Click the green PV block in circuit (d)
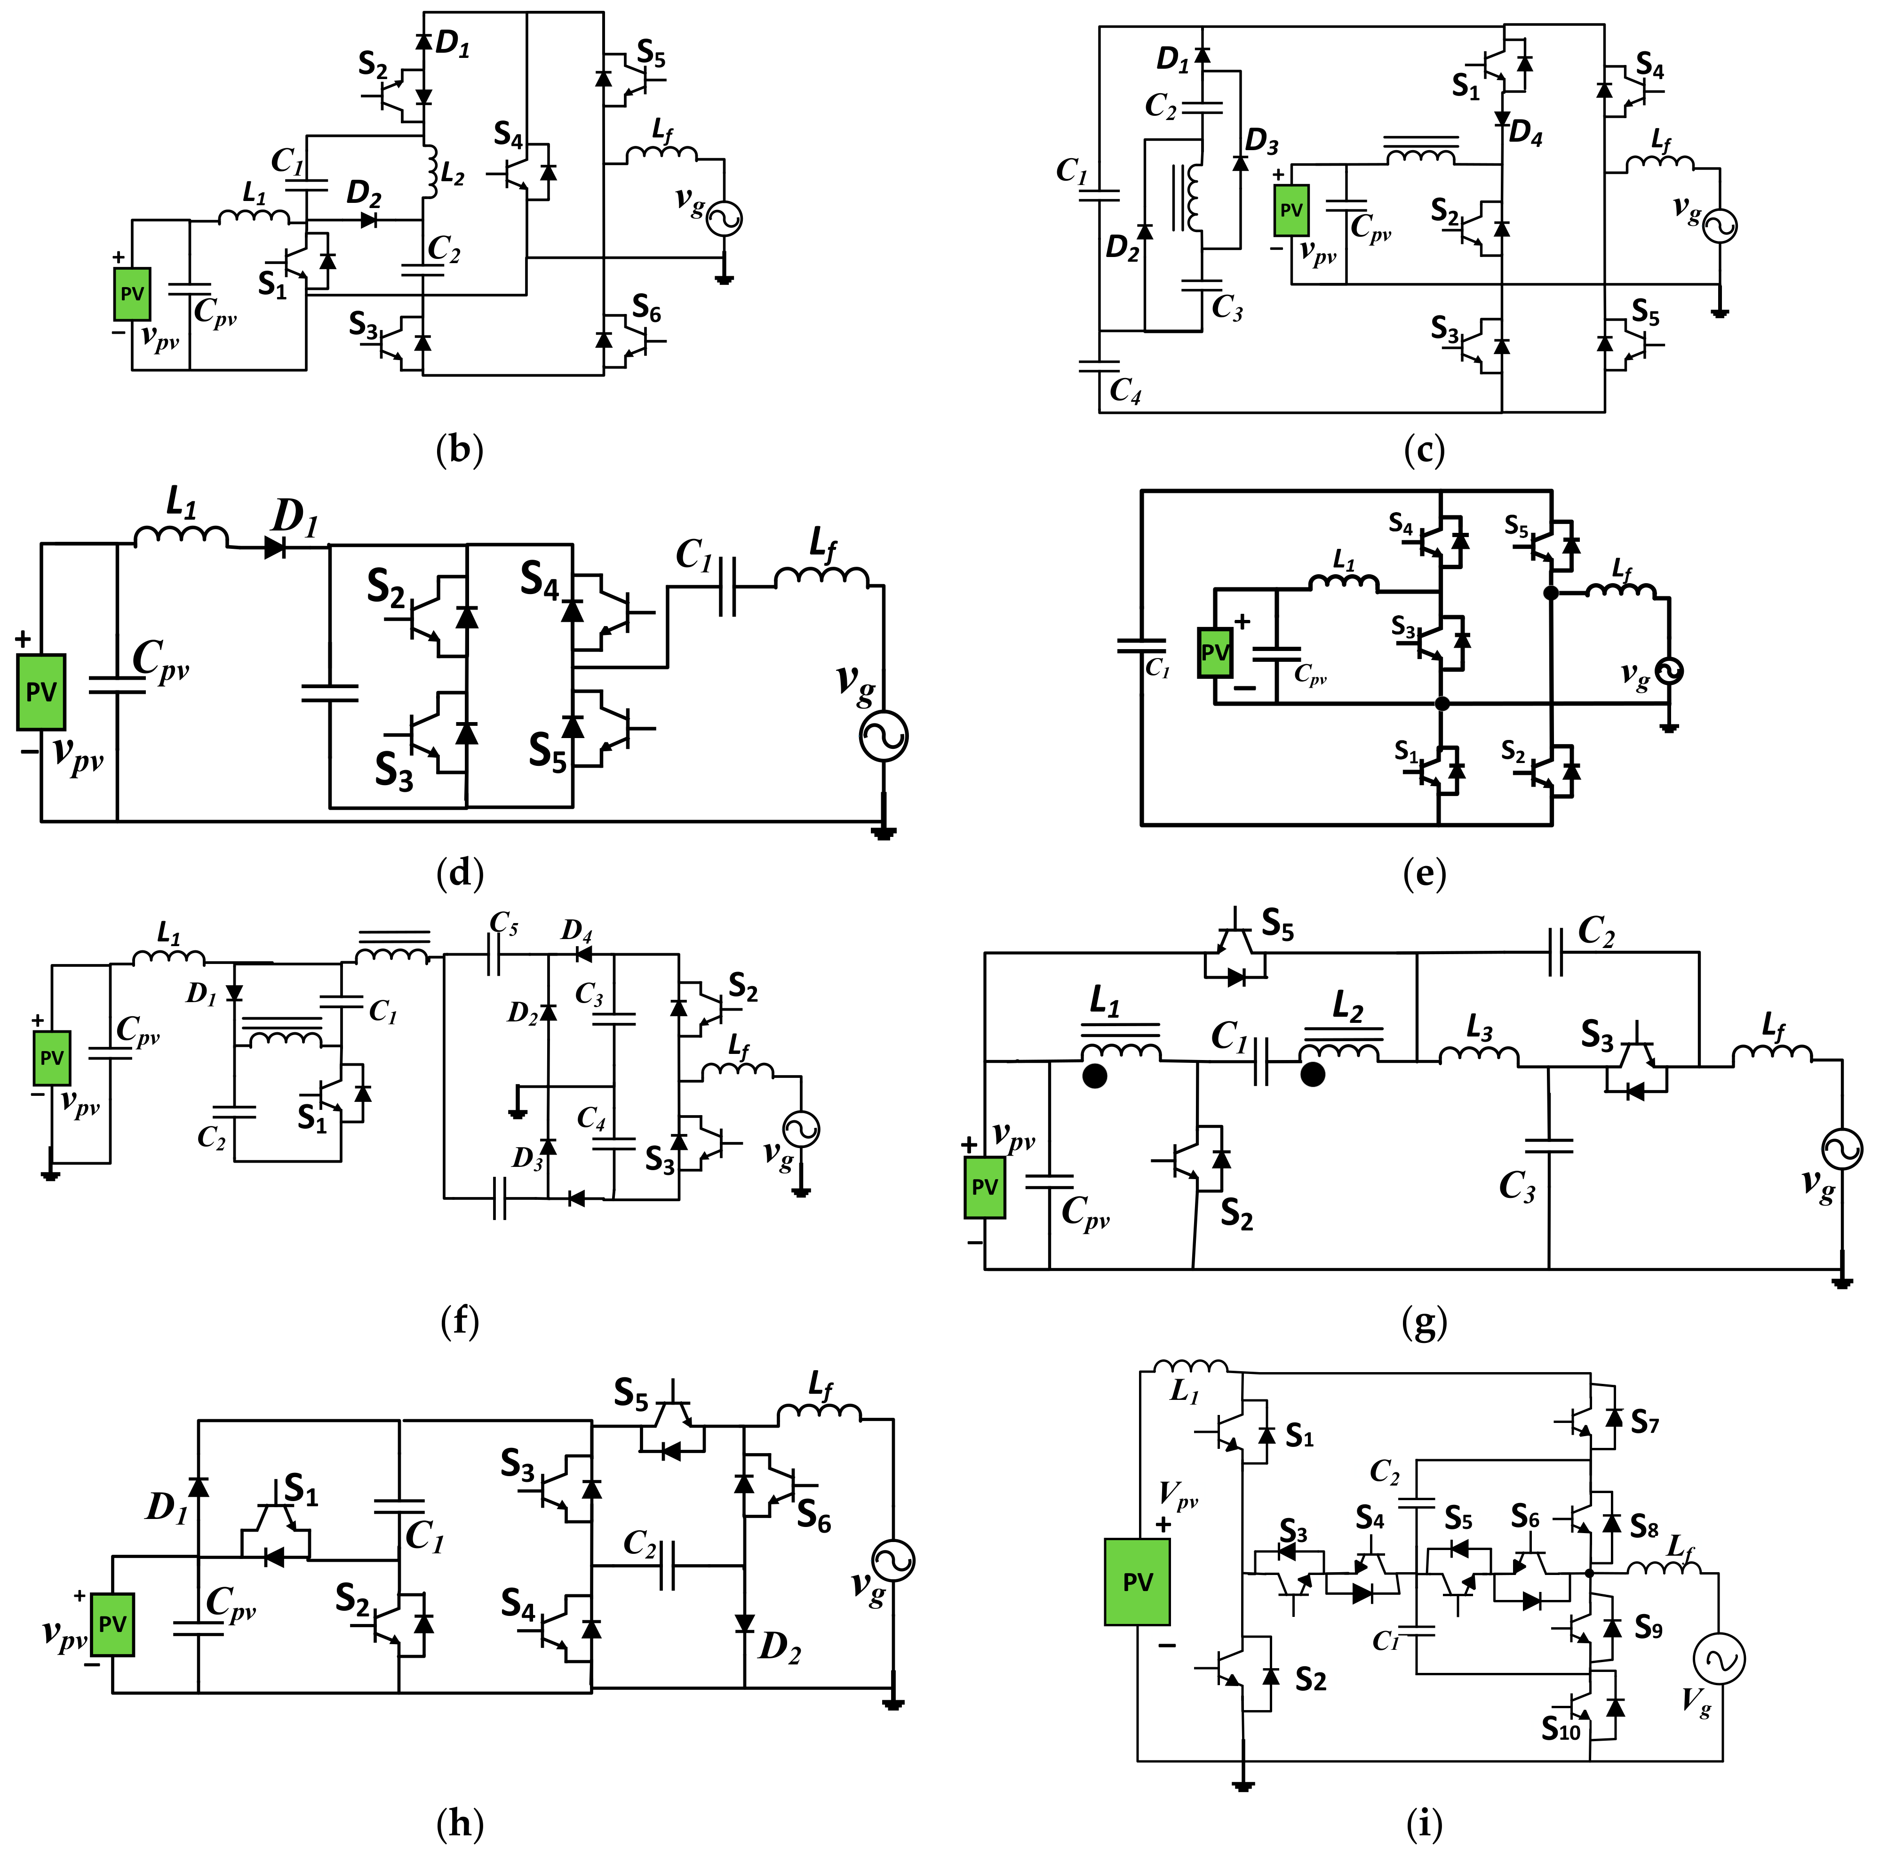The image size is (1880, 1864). click(41, 692)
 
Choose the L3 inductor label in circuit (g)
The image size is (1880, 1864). click(1479, 1029)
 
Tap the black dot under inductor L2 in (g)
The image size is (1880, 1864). click(1313, 1075)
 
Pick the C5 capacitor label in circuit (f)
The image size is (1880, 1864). click(503, 922)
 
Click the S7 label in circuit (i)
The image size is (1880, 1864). click(1644, 1423)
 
